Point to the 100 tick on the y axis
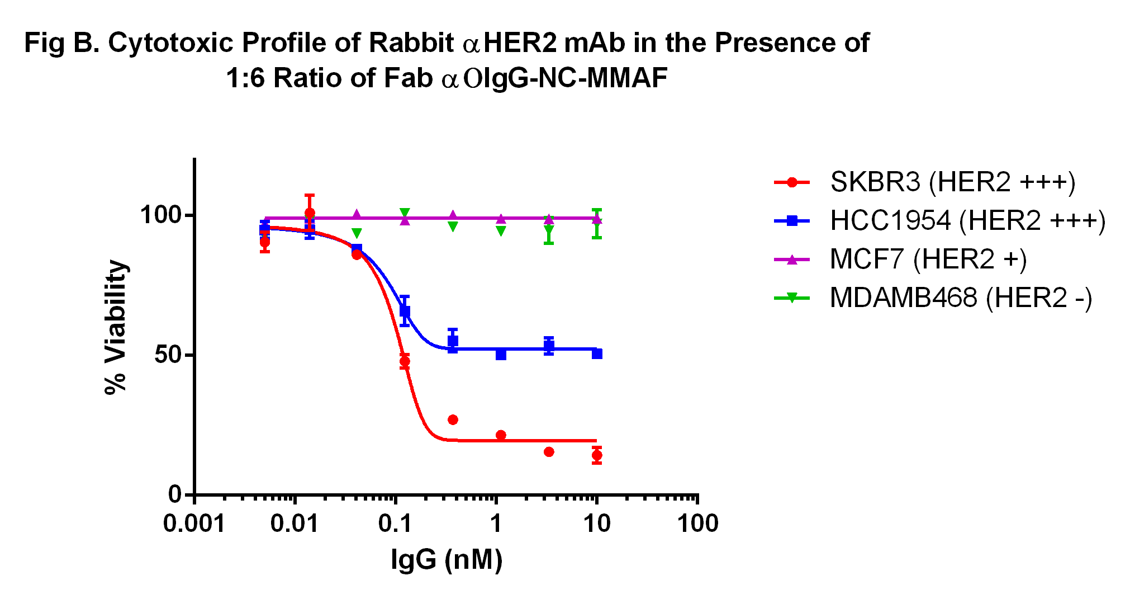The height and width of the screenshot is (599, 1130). (161, 215)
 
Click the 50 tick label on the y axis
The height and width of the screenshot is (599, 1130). (168, 355)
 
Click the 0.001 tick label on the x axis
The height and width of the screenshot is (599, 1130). (194, 524)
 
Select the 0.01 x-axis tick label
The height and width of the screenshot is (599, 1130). (295, 524)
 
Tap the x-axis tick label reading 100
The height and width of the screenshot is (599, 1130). (697, 524)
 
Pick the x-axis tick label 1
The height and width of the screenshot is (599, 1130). (496, 524)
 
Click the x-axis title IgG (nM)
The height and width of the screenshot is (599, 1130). (447, 559)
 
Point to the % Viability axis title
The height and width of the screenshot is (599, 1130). (116, 327)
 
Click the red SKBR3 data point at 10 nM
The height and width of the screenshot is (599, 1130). (597, 455)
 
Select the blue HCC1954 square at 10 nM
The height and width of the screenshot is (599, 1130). (597, 353)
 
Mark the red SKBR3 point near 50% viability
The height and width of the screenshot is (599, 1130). (405, 361)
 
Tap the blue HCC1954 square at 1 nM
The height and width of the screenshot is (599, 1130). (501, 354)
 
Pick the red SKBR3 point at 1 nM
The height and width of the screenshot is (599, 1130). (501, 435)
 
